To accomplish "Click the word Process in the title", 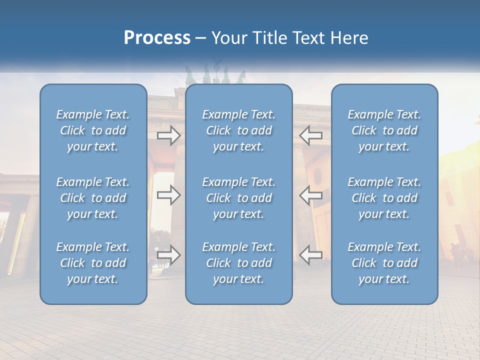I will (x=157, y=38).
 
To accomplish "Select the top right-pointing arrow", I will (x=169, y=135).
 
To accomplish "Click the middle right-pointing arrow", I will (x=169, y=195).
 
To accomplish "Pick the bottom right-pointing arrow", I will (x=169, y=255).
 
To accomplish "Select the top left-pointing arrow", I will (x=311, y=135).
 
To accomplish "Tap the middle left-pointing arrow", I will (x=311, y=195).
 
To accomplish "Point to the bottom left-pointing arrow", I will (x=311, y=255).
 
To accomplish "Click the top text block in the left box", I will (x=93, y=130).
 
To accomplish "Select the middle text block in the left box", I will (x=93, y=198).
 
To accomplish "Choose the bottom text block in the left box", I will (x=93, y=263).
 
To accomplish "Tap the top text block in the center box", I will (x=239, y=130).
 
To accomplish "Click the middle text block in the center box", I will (x=239, y=198).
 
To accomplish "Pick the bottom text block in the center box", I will (x=239, y=263).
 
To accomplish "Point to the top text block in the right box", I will (x=384, y=130).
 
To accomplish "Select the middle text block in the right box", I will (x=384, y=198).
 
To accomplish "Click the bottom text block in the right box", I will (x=384, y=263).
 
